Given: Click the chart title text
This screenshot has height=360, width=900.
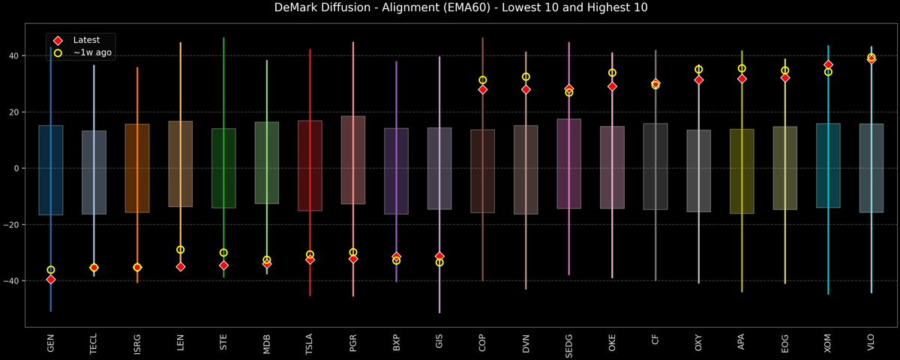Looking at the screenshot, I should pyautogui.click(x=450, y=8).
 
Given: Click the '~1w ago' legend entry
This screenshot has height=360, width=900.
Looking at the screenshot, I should pyautogui.click(x=92, y=52).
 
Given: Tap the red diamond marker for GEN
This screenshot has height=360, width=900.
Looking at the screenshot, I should pyautogui.click(x=51, y=279).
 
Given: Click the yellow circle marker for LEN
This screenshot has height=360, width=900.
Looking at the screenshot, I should pyautogui.click(x=181, y=250).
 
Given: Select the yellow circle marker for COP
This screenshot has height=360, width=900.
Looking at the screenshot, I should pyautogui.click(x=483, y=80).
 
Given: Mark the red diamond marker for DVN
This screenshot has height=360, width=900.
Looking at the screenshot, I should pyautogui.click(x=526, y=89).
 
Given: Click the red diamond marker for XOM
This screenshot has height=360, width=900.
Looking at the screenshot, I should pyautogui.click(x=828, y=65).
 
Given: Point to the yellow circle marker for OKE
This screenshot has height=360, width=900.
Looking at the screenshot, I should pyautogui.click(x=612, y=73).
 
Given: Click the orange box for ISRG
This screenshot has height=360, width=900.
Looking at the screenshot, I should pyautogui.click(x=137, y=168).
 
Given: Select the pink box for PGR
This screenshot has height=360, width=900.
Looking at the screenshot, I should pyautogui.click(x=353, y=160).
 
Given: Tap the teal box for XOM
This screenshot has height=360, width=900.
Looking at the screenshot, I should pyautogui.click(x=828, y=165).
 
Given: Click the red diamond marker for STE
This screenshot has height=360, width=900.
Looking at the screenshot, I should pyautogui.click(x=223, y=265).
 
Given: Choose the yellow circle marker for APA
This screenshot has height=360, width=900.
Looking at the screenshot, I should pyautogui.click(x=742, y=68).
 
